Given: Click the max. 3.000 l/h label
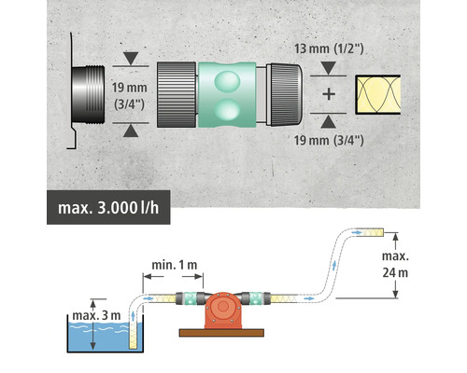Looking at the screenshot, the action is [108, 208].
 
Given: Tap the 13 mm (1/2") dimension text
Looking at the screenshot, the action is [329, 48].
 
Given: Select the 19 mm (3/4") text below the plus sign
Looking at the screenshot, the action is [329, 140].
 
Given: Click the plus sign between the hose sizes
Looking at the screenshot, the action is [329, 94].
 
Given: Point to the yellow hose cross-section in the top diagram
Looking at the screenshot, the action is [378, 94].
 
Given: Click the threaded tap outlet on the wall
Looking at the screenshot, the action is [88, 94].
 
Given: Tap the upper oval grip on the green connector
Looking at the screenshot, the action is [227, 81].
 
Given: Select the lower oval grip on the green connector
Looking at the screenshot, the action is [227, 110].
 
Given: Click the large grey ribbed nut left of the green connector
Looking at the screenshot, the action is [177, 94].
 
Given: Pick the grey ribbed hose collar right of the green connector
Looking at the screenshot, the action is [285, 94].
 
